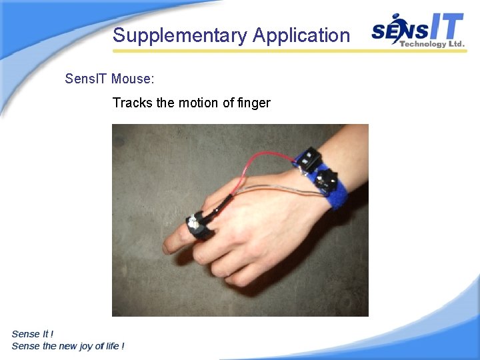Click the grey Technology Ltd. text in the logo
(432, 44)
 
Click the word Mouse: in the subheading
(133, 79)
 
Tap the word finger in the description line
(254, 103)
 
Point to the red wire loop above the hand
(263, 160)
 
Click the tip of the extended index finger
(169, 243)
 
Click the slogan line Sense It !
(33, 334)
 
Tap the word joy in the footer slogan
(91, 346)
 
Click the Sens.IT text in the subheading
(87, 79)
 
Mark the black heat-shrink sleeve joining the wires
(223, 204)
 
